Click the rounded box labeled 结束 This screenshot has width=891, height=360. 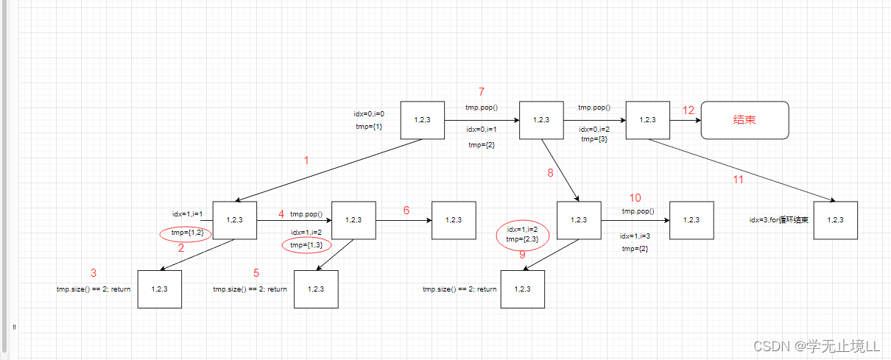click(x=744, y=120)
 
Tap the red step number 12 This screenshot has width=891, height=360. click(x=688, y=110)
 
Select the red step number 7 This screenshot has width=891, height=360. click(x=482, y=92)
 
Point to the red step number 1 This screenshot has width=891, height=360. click(x=306, y=160)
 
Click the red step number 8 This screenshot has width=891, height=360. click(x=549, y=174)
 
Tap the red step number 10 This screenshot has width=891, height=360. click(x=635, y=198)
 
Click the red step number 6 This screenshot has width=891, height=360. click(x=406, y=211)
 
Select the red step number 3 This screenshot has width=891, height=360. click(x=94, y=273)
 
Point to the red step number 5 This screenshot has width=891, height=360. click(x=256, y=273)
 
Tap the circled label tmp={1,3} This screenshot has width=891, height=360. click(x=306, y=245)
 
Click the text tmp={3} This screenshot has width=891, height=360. click(x=594, y=139)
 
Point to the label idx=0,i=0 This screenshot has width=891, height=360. click(x=369, y=114)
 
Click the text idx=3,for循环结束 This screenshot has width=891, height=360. click(x=779, y=220)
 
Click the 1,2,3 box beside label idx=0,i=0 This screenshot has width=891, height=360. click(x=423, y=120)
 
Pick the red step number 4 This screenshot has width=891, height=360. click(x=281, y=213)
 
